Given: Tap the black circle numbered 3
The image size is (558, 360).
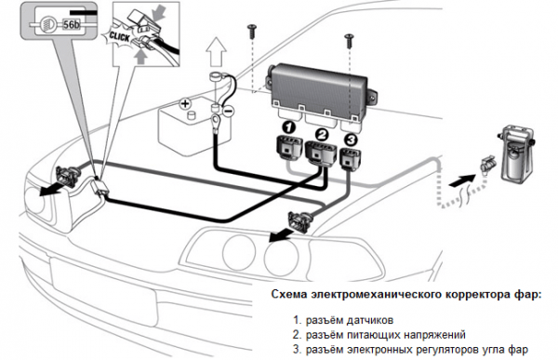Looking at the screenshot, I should point(351,140).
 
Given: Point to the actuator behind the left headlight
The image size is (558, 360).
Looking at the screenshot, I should point(70,176).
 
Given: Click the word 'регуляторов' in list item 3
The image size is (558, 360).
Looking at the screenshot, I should point(447,349).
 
